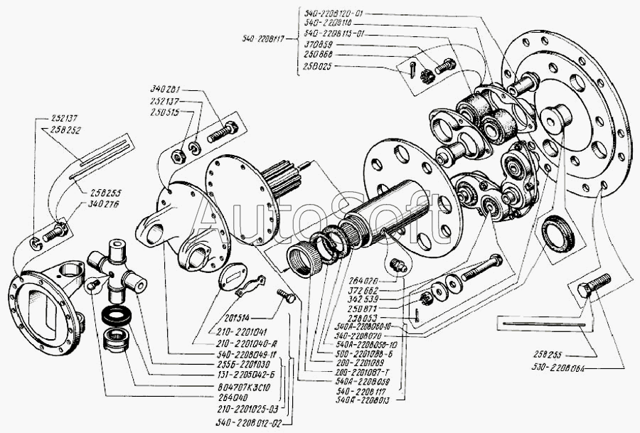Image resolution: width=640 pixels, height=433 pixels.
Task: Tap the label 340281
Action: click(166, 90)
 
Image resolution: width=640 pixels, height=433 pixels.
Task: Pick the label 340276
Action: click(85, 203)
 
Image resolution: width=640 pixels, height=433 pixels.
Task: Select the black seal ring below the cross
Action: click(114, 315)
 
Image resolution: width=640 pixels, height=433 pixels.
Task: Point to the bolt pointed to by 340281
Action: click(222, 132)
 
